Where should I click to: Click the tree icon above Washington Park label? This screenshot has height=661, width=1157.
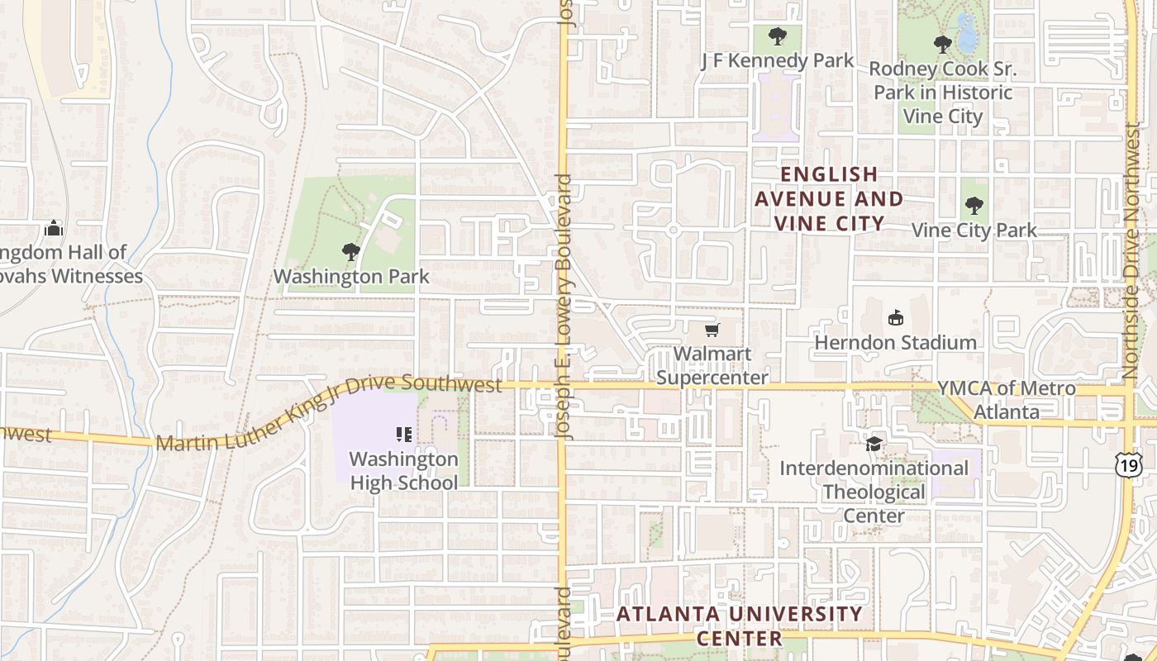(x=351, y=251)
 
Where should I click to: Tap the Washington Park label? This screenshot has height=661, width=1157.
(x=351, y=276)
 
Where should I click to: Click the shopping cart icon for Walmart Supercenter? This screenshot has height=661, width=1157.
(x=712, y=330)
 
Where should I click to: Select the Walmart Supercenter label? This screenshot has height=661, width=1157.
(x=712, y=365)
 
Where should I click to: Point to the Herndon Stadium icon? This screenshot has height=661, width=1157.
(x=895, y=317)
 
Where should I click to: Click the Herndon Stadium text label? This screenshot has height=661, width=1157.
(x=895, y=342)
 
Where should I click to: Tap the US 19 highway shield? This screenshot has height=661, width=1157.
(x=1128, y=464)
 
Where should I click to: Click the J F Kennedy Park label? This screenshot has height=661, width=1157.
(x=777, y=60)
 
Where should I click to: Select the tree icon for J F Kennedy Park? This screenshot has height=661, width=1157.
(x=777, y=36)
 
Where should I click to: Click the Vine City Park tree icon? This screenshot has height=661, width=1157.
(x=974, y=206)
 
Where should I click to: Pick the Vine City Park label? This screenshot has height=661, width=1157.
(x=974, y=230)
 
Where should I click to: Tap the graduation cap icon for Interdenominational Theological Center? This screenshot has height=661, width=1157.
(x=874, y=445)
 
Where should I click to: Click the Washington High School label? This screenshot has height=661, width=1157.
(x=403, y=470)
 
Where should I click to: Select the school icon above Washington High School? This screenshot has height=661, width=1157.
(x=403, y=434)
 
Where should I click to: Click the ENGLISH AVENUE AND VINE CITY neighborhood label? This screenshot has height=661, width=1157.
(x=829, y=198)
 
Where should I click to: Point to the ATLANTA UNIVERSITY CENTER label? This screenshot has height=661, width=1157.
(x=740, y=625)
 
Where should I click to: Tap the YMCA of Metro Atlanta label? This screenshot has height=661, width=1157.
(x=1006, y=399)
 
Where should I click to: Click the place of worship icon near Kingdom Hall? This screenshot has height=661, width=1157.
(x=54, y=228)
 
